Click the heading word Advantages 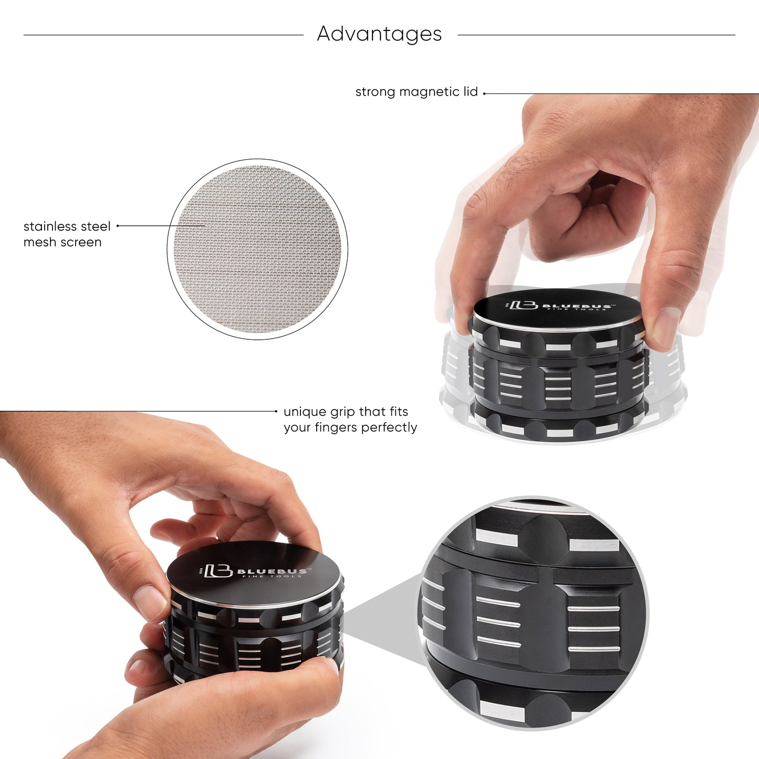pos(379,34)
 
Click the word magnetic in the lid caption pos(429,92)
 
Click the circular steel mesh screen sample pos(257,249)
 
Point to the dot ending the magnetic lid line pos(484,93)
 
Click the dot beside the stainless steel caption pos(118,226)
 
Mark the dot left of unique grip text pos(276,412)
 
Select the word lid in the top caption pos(471,92)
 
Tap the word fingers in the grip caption pos(336,428)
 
